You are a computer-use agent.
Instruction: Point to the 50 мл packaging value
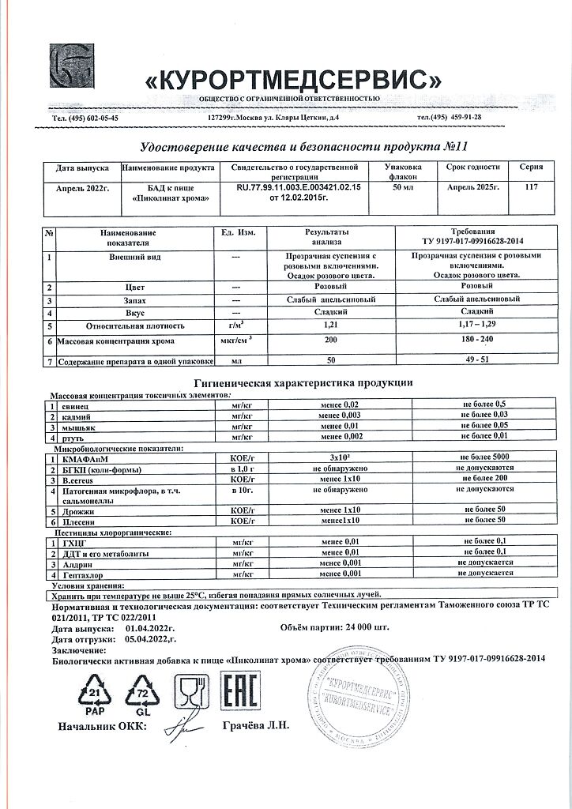[x=403, y=186]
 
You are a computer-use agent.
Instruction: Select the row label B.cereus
[x=81, y=479]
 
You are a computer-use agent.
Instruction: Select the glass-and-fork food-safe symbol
[x=190, y=693]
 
